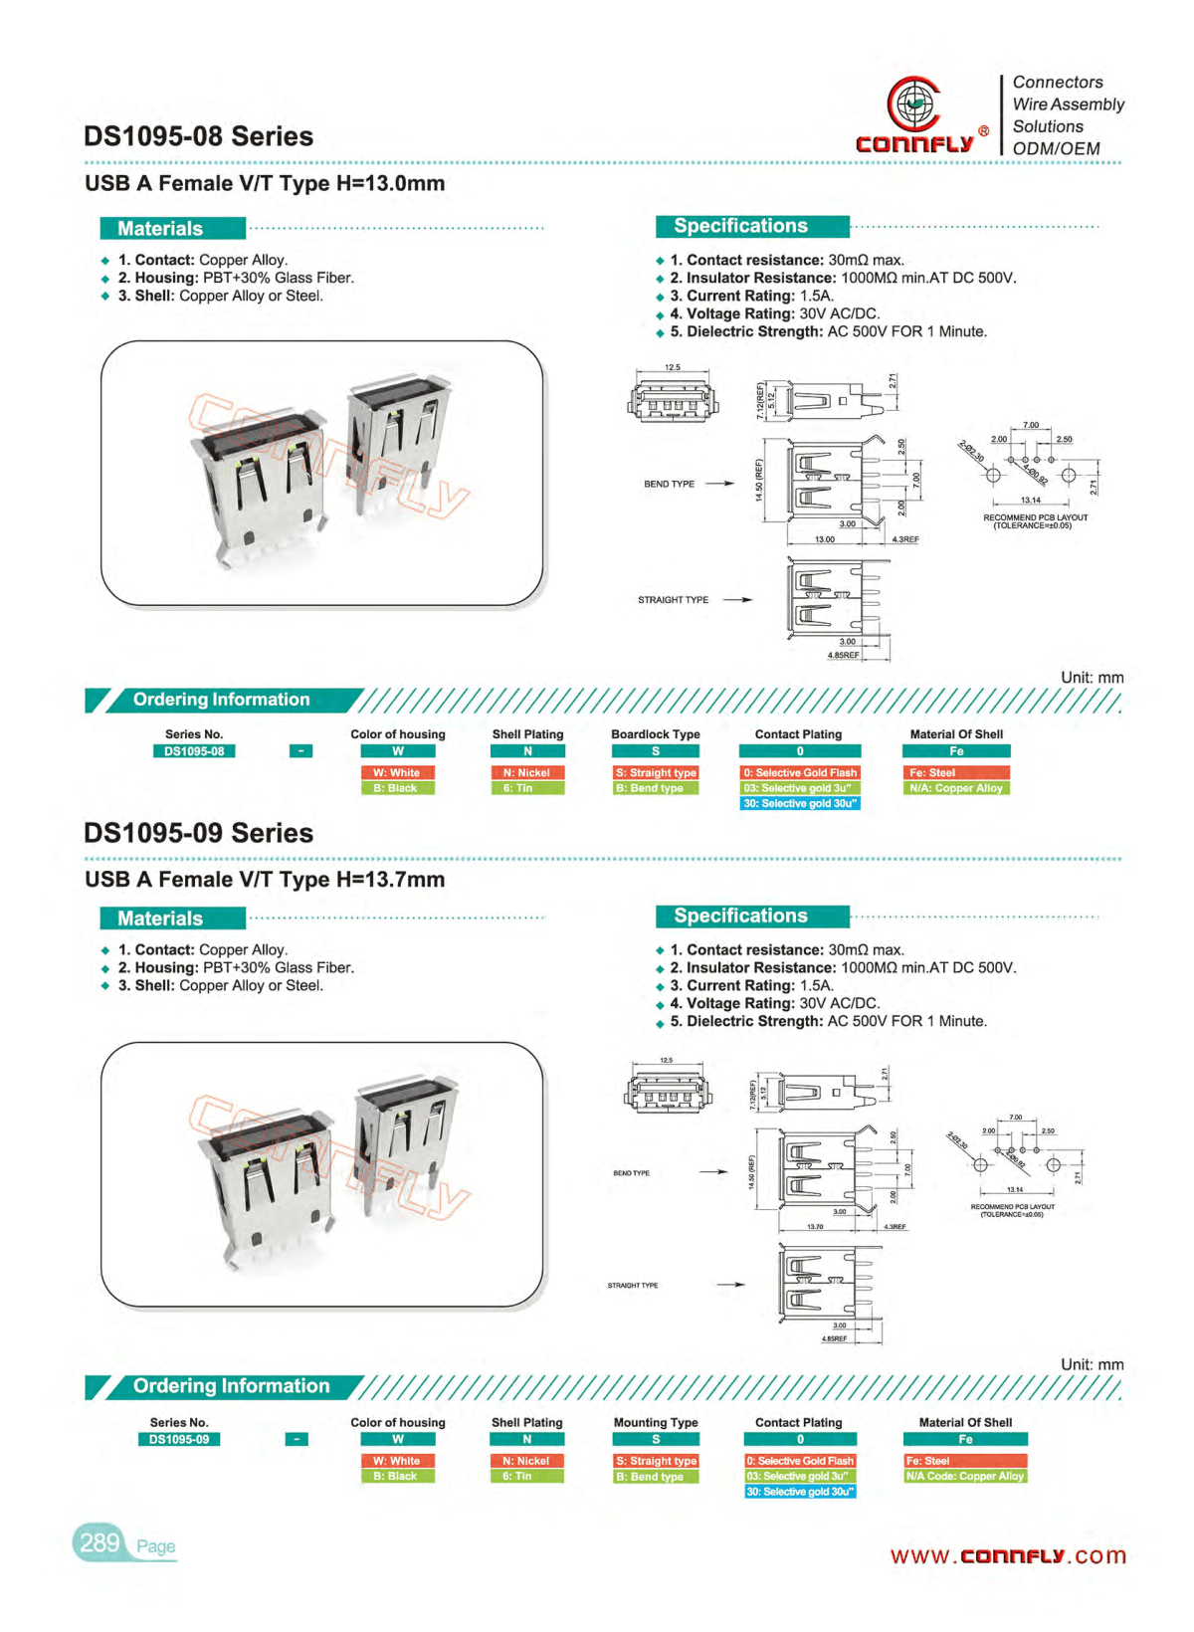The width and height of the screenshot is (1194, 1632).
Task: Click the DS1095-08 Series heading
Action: (198, 136)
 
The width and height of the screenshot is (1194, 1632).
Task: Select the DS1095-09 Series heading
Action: (198, 833)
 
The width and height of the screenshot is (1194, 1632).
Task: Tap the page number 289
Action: (99, 1542)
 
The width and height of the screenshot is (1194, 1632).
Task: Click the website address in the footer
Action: (1007, 1555)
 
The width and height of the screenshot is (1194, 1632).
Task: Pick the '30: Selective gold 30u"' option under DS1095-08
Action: (800, 803)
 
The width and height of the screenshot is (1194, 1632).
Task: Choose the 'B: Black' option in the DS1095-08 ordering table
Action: (396, 788)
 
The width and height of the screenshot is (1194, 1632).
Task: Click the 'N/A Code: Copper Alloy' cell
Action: (964, 1476)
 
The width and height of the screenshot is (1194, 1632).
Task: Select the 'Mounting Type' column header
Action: (656, 1422)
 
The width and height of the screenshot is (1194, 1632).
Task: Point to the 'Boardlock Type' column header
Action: (656, 734)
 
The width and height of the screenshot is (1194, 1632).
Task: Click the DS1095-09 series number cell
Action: (179, 1439)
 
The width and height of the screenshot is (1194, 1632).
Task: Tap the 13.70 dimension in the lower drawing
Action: (815, 1226)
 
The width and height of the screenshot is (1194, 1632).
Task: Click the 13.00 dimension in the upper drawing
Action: (825, 539)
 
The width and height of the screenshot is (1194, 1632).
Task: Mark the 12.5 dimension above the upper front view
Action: (673, 367)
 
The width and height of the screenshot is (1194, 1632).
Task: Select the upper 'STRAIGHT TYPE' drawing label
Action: (673, 600)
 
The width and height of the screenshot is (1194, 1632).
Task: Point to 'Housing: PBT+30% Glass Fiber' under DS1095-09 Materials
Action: (236, 967)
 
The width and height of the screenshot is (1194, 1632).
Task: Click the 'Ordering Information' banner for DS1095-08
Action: (221, 700)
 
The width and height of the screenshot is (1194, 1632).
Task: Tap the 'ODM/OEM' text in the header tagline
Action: (1056, 148)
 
